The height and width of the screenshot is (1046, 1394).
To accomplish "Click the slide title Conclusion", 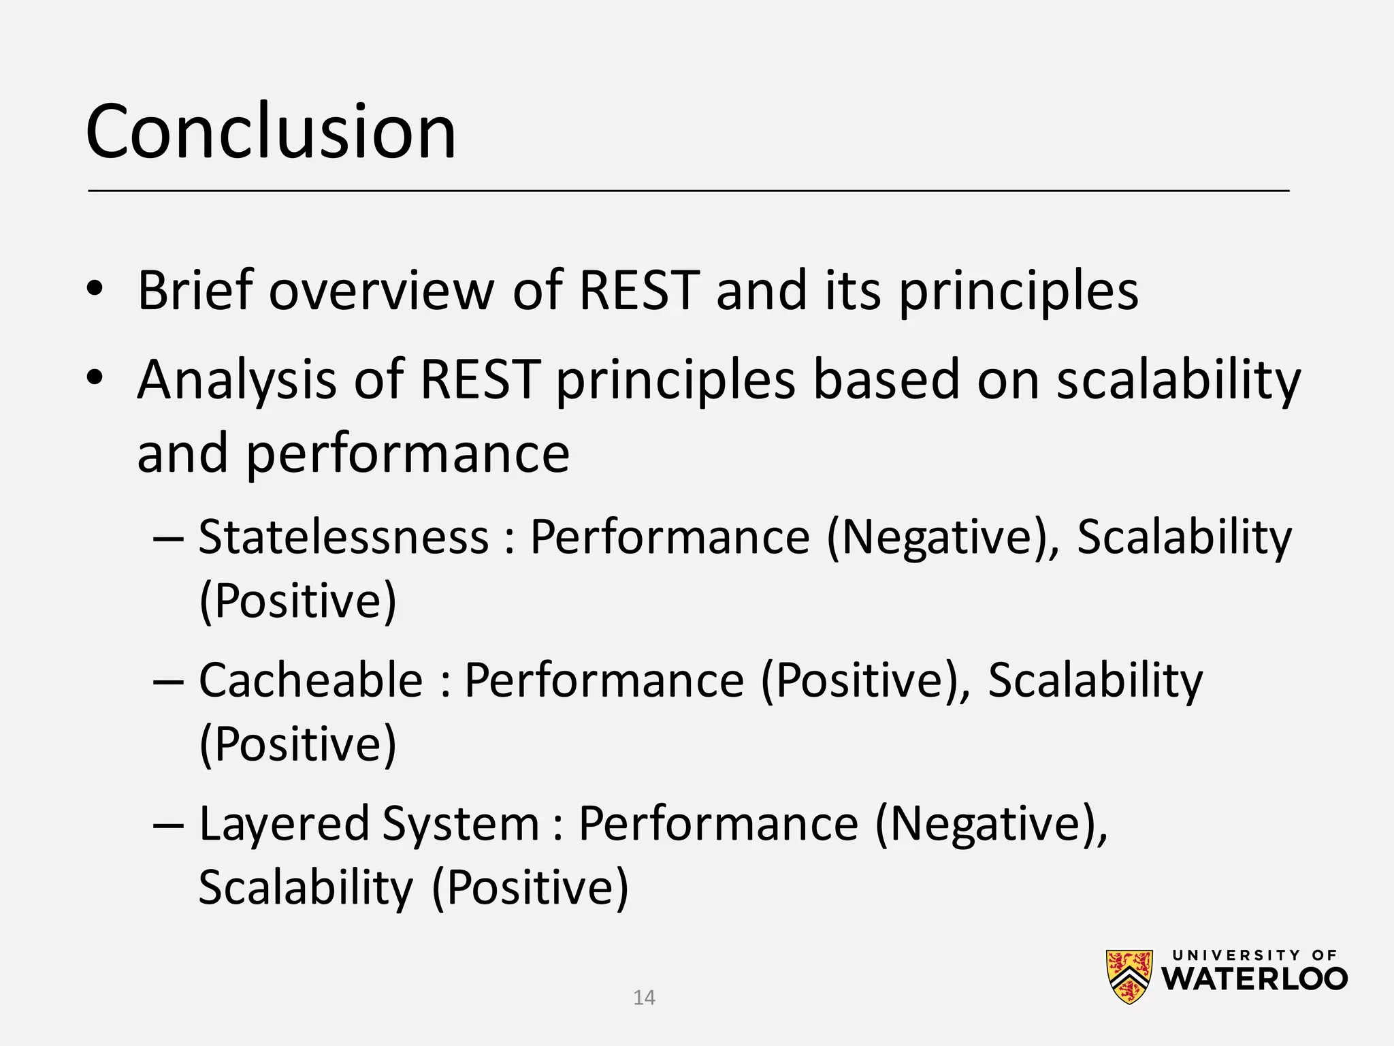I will click(271, 131).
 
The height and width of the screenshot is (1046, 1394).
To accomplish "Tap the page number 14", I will click(644, 998).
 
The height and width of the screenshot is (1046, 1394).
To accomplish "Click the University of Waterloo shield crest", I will click(1129, 977).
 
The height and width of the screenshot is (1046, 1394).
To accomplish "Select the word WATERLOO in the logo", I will click(1254, 979).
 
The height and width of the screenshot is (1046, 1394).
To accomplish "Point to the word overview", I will click(381, 291).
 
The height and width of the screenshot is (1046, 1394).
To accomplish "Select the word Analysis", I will click(236, 380).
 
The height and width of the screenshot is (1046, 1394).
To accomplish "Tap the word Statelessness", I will click(344, 537).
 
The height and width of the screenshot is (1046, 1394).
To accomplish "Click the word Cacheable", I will click(311, 680).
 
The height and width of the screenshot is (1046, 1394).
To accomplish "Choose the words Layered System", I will click(368, 824).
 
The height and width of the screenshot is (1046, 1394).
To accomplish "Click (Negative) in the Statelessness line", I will click(943, 537).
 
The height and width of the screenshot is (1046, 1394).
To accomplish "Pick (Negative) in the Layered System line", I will click(991, 824).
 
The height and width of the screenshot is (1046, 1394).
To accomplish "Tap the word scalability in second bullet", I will click(1178, 380).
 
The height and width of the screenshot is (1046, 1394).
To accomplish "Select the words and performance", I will click(353, 454).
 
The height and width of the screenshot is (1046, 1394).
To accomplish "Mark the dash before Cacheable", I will click(168, 681).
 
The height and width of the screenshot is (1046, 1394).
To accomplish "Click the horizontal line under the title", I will click(687, 191).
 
